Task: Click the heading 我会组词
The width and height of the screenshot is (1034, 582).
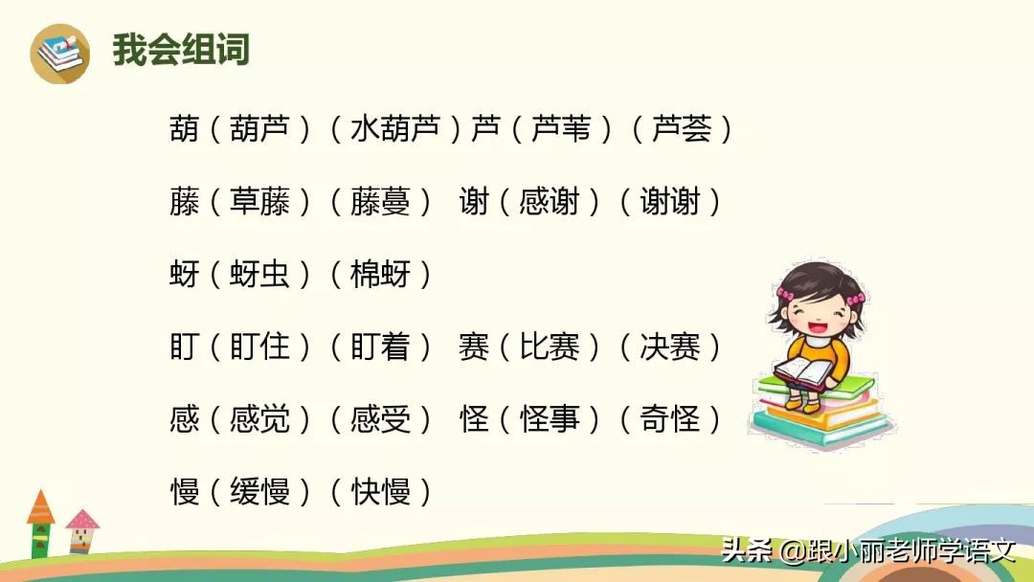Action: (x=181, y=49)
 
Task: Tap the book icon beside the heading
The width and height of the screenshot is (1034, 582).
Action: (x=59, y=53)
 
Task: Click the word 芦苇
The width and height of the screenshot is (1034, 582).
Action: (x=561, y=128)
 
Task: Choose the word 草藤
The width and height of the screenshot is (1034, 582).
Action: (x=259, y=201)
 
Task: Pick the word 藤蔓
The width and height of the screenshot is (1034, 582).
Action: (x=380, y=201)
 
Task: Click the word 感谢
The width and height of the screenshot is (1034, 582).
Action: (x=550, y=201)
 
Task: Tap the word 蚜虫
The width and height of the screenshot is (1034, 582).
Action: (x=259, y=274)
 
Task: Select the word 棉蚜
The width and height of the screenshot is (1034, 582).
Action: (x=380, y=274)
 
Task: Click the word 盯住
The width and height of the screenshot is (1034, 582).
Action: (x=259, y=347)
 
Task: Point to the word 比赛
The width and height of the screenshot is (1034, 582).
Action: (x=550, y=347)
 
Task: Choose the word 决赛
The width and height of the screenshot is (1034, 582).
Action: (x=669, y=347)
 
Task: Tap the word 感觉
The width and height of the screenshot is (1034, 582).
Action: (x=259, y=419)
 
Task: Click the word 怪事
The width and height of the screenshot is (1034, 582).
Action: (x=550, y=419)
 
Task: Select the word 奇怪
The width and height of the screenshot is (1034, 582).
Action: (x=669, y=419)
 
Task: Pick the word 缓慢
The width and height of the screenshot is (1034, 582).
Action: (x=259, y=492)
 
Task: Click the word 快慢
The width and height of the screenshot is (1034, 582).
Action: (x=380, y=492)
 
